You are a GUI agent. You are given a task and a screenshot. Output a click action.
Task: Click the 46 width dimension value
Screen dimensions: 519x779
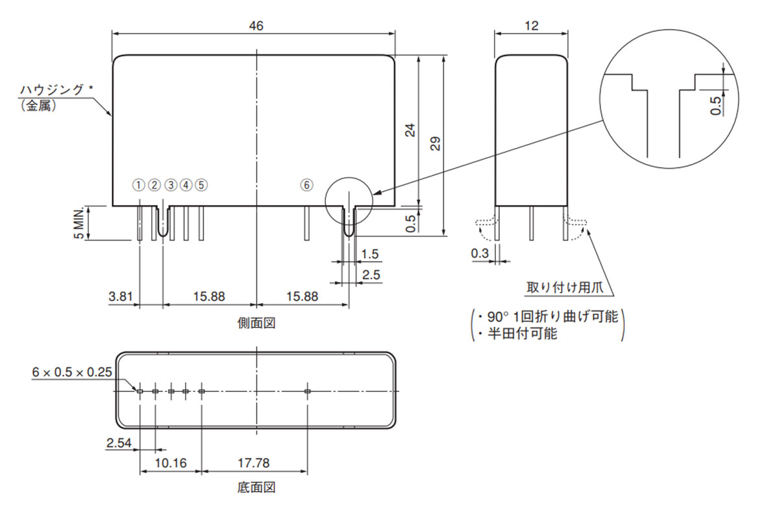[x=256, y=25]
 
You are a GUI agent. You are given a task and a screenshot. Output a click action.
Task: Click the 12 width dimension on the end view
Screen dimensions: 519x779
[x=532, y=25]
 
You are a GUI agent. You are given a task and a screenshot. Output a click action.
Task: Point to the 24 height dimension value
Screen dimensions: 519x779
[x=410, y=130]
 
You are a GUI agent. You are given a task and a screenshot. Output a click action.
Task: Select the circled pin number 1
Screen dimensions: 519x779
[x=138, y=185]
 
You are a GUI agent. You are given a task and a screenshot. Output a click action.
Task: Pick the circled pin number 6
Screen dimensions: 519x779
[x=306, y=185]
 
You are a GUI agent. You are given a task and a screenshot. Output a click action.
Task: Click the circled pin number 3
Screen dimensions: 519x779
[x=170, y=185]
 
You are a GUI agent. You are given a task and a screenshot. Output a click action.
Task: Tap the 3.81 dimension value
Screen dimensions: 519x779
[x=120, y=296]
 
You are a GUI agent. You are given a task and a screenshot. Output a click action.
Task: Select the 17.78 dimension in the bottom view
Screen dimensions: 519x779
[x=253, y=463]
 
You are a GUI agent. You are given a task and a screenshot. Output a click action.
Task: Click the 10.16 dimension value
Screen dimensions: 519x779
[x=172, y=463]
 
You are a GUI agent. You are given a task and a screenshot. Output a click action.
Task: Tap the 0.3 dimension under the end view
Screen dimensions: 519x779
[x=480, y=254]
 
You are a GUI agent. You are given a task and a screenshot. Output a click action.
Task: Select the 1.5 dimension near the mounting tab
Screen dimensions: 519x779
[x=370, y=254]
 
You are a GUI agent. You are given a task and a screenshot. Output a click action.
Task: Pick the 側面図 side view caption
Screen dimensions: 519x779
[x=256, y=322]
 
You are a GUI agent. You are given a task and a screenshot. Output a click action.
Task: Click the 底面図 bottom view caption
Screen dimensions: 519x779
[x=256, y=487]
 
